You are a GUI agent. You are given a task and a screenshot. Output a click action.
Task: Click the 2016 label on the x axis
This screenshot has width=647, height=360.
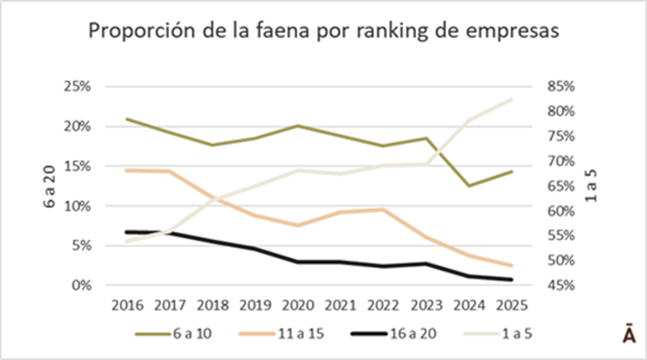click(127, 304)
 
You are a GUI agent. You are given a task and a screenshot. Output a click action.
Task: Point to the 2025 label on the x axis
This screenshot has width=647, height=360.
click(511, 304)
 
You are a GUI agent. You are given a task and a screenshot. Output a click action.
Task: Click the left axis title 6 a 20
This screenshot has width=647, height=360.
click(50, 187)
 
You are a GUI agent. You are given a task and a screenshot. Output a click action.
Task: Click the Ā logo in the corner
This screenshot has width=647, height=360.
click(628, 336)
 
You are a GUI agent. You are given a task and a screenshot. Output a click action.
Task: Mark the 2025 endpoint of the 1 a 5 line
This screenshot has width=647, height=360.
click(511, 99)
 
